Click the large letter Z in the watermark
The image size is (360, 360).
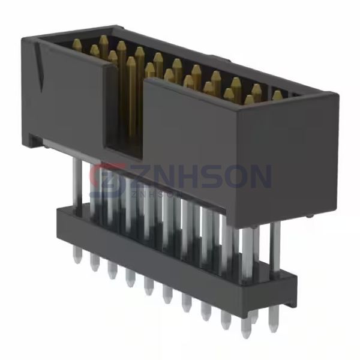pyautogui.click(x=133, y=177)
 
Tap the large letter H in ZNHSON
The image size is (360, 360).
pyautogui.click(x=184, y=177)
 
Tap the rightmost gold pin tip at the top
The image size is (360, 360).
pyautogui.click(x=277, y=95)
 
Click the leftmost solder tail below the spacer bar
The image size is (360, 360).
pyautogui.click(x=77, y=256)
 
